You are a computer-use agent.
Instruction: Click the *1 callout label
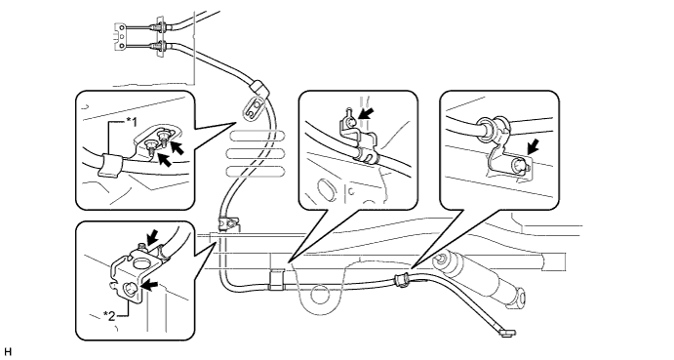click(x=132, y=123)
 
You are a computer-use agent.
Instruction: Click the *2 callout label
click(x=109, y=316)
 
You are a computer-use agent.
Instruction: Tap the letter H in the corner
click(x=7, y=352)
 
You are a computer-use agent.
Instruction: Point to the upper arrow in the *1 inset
click(x=178, y=147)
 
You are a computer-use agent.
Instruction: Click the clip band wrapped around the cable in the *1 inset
click(x=108, y=165)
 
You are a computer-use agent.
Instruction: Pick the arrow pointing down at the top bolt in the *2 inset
click(x=150, y=238)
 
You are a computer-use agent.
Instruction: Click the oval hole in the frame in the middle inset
click(x=326, y=189)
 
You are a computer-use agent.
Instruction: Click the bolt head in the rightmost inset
click(x=519, y=164)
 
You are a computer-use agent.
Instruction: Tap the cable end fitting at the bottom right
click(x=507, y=332)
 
